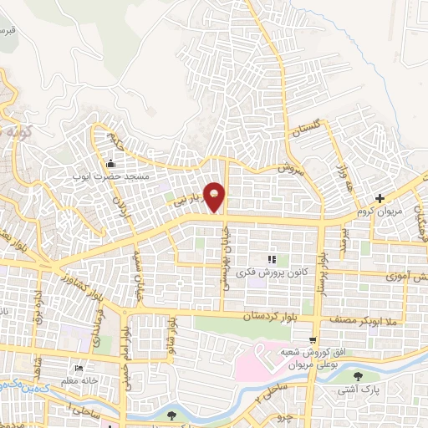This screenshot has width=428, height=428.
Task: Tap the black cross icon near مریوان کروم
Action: [380, 198]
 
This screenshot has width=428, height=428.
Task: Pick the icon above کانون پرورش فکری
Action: [269, 260]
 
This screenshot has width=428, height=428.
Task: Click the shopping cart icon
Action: [312, 341]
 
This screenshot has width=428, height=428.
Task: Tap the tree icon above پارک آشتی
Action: [359, 377]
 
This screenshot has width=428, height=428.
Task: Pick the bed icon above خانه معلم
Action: [79, 369]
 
